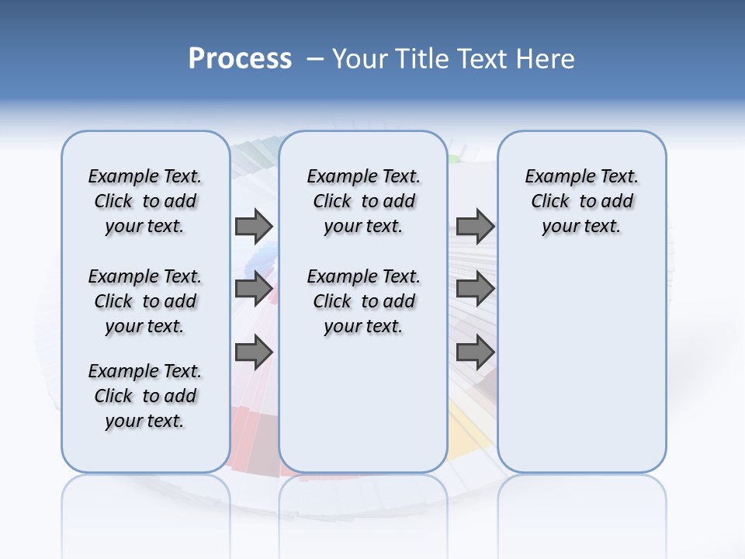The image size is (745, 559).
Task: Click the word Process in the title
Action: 240,58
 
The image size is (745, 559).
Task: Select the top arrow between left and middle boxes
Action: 254,226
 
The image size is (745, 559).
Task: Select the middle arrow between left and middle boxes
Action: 254,289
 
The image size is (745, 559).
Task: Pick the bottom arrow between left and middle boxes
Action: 254,352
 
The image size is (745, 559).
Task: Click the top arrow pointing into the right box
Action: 475,226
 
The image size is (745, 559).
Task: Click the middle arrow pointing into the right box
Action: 475,289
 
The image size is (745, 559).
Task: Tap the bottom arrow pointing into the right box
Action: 475,352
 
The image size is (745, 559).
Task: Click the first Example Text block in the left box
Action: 145,201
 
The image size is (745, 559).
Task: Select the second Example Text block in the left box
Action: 145,301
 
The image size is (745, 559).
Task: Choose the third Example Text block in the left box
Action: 145,396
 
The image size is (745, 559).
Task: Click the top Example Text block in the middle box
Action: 363,201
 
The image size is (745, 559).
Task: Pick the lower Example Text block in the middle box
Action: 363,301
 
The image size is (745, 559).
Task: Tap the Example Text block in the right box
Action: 581,201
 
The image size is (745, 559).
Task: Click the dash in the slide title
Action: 315,59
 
